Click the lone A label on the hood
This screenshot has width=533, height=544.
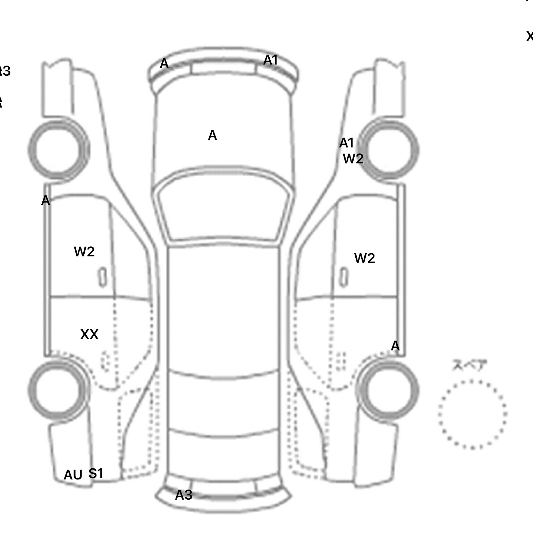pyautogui.click(x=212, y=135)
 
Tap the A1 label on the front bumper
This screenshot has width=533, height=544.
pyautogui.click(x=271, y=60)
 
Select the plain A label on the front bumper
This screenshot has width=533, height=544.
pyautogui.click(x=164, y=63)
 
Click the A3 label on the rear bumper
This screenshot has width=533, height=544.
pyautogui.click(x=184, y=495)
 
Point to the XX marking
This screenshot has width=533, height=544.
pyautogui.click(x=89, y=334)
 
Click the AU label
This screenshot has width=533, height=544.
pyautogui.click(x=73, y=475)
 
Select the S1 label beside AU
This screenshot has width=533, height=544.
pyautogui.click(x=96, y=473)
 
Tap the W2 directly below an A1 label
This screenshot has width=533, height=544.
pyautogui.click(x=353, y=159)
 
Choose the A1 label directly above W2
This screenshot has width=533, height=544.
pyautogui.click(x=346, y=143)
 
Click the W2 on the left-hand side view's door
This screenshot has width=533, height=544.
pyautogui.click(x=84, y=252)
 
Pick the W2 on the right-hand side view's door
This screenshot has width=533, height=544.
pyautogui.click(x=365, y=258)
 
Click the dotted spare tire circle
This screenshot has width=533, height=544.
pyautogui.click(x=472, y=414)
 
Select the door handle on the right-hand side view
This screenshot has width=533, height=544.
pyautogui.click(x=344, y=277)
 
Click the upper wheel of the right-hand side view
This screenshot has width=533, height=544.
pyautogui.click(x=389, y=150)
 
